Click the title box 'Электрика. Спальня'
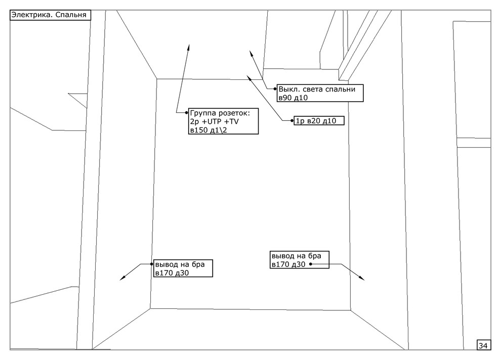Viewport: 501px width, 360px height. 50,15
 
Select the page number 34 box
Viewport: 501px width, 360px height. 483,345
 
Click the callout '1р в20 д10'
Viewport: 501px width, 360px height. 319,121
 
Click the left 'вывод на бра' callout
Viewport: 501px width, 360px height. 183,268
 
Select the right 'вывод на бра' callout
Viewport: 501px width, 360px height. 299,259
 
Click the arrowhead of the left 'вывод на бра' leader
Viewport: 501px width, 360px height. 121,279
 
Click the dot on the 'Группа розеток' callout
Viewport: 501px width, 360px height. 187,112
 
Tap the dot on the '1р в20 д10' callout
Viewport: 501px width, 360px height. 293,121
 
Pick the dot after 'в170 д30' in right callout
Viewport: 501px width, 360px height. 310,264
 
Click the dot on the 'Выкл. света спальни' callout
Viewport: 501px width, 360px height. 275,88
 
